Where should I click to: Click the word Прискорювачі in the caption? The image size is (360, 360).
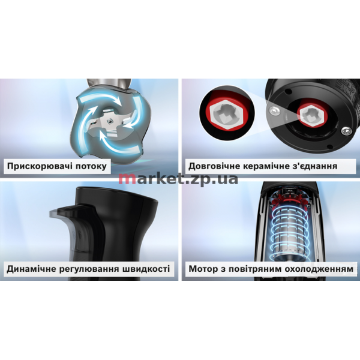coord(38,166)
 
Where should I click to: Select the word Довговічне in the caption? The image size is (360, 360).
coord(213,166)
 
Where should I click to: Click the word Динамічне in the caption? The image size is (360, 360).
coord(31,269)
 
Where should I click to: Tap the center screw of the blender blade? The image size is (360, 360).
coord(110,121)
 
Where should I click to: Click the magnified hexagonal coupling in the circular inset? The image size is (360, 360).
coord(227,114)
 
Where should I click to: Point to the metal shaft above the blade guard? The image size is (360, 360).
coord(109,83)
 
